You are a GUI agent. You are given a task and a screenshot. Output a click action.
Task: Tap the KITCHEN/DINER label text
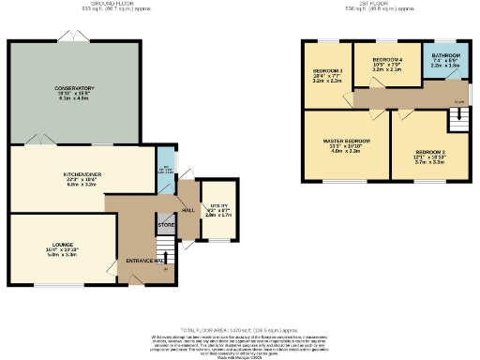tap(82, 173)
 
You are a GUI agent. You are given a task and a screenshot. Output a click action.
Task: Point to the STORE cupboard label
tap(166, 225)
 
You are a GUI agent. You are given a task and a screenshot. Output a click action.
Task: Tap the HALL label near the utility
tap(187, 209)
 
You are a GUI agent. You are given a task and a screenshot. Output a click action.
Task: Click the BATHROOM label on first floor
tap(441, 57)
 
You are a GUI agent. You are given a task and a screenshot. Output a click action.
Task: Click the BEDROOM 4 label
tap(386, 59)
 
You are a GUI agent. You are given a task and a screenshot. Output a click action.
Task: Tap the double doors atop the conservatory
tap(67, 37)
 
